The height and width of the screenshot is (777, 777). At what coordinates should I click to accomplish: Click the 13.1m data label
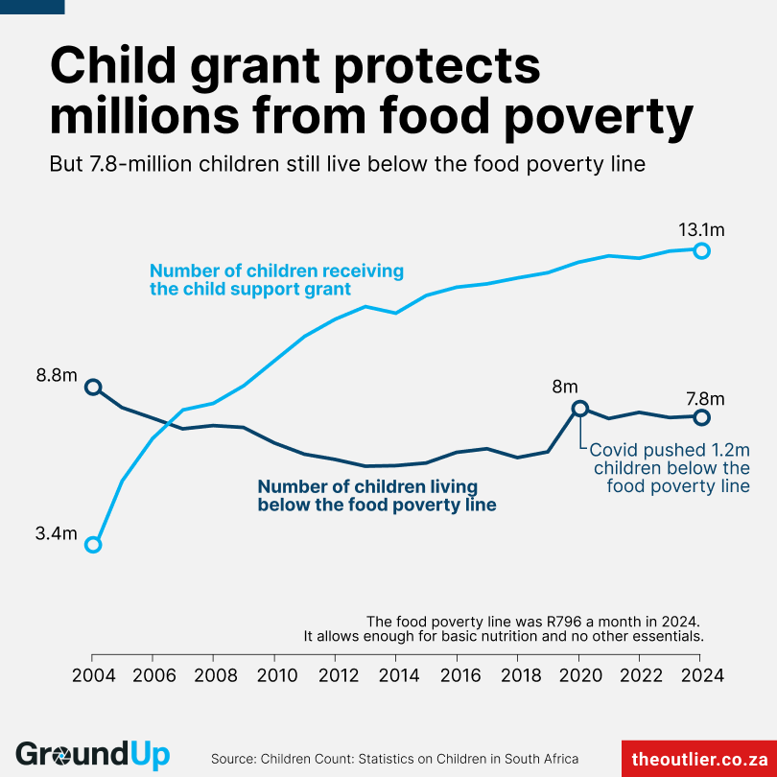click(x=701, y=230)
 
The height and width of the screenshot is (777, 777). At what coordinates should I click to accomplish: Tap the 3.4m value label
click(x=56, y=534)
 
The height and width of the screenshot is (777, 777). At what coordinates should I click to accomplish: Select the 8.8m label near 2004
click(x=56, y=375)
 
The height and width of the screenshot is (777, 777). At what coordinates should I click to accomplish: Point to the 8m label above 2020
click(x=565, y=388)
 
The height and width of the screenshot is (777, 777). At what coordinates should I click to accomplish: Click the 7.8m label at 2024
click(x=705, y=399)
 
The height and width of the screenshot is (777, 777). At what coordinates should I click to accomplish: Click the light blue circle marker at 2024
click(x=701, y=250)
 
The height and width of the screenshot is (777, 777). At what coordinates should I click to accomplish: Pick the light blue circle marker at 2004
click(x=92, y=545)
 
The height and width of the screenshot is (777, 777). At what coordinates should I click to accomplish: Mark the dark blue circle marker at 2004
click(x=92, y=387)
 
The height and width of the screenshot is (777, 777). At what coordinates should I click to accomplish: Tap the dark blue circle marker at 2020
click(x=579, y=409)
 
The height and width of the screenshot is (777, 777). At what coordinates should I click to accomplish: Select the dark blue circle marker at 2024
click(x=701, y=417)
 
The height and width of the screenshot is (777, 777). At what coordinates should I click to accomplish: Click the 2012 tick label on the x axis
click(x=336, y=675)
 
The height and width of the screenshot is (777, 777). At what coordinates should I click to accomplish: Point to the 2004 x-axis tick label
click(x=92, y=675)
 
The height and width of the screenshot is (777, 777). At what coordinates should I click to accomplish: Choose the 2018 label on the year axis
click(x=518, y=675)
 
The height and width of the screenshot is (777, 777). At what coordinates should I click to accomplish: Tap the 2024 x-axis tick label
click(x=701, y=675)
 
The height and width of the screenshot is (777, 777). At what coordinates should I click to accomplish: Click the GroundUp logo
click(x=92, y=755)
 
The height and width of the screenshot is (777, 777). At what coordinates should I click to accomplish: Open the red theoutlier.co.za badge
click(x=699, y=758)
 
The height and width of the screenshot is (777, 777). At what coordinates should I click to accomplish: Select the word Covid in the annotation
click(x=614, y=449)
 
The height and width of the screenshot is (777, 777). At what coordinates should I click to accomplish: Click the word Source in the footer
click(x=233, y=758)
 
